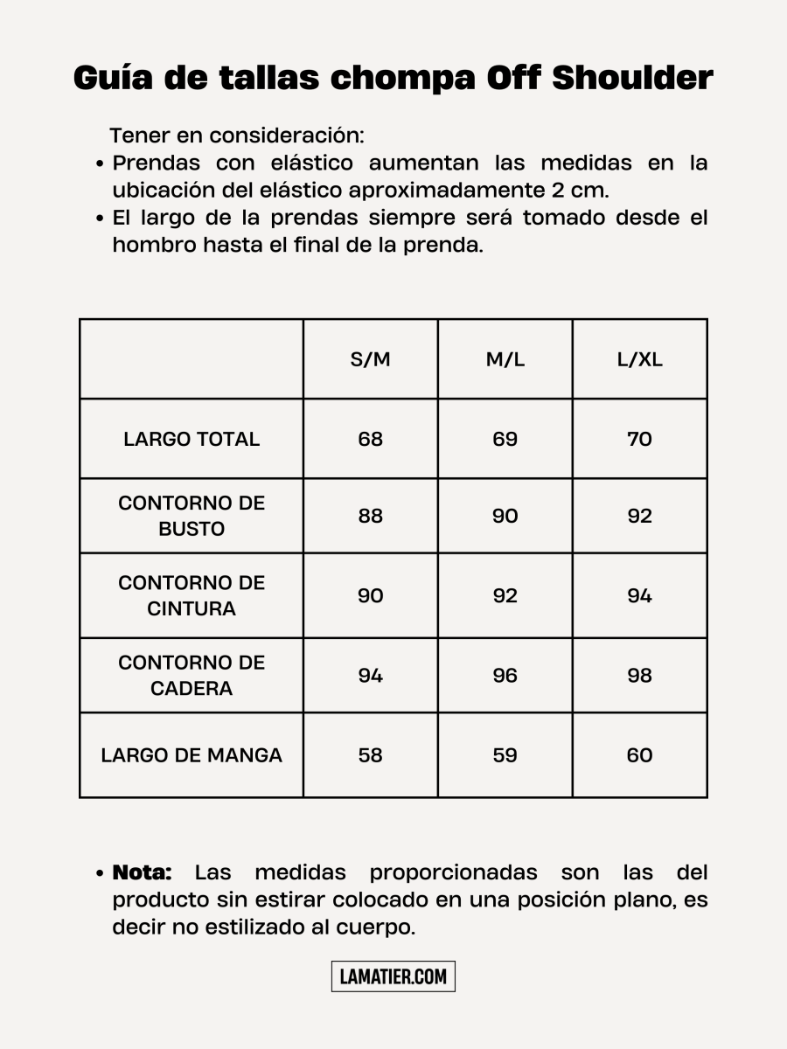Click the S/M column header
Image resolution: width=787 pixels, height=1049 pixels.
[370, 360]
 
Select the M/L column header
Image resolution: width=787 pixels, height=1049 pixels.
[505, 360]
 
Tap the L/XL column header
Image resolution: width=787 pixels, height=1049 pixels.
[639, 360]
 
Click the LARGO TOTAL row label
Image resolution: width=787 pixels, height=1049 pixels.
[192, 439]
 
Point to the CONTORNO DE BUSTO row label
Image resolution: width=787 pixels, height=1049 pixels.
[192, 516]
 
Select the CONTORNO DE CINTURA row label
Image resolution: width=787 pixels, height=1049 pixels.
[192, 595]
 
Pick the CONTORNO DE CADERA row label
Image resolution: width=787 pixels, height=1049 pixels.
[192, 675]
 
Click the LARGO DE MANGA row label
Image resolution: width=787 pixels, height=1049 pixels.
[192, 755]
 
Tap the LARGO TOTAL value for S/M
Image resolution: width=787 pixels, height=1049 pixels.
[370, 439]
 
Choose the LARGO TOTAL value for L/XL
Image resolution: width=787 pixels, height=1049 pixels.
[639, 439]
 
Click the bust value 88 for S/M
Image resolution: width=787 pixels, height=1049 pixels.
[370, 516]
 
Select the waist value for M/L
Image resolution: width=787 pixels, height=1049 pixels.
[505, 595]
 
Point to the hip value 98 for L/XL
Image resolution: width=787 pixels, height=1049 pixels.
[639, 675]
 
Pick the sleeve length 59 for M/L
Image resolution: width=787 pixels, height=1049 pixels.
[505, 755]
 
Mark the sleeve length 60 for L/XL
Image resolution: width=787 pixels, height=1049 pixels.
[639, 755]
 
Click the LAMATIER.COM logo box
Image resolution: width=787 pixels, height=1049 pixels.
[393, 976]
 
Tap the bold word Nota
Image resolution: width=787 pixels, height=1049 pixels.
[142, 872]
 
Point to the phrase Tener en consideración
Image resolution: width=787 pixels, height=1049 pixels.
[236, 136]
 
